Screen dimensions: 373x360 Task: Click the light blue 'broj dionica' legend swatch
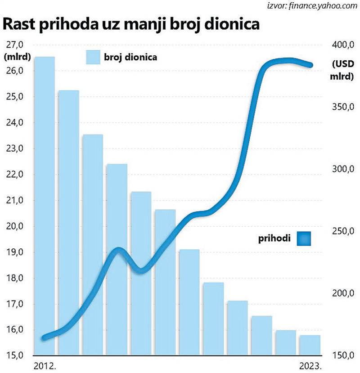pyautogui.click(x=93, y=57)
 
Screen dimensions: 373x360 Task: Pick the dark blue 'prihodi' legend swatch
pyautogui.click(x=304, y=238)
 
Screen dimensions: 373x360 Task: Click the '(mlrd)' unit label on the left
pyautogui.click(x=16, y=57)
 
